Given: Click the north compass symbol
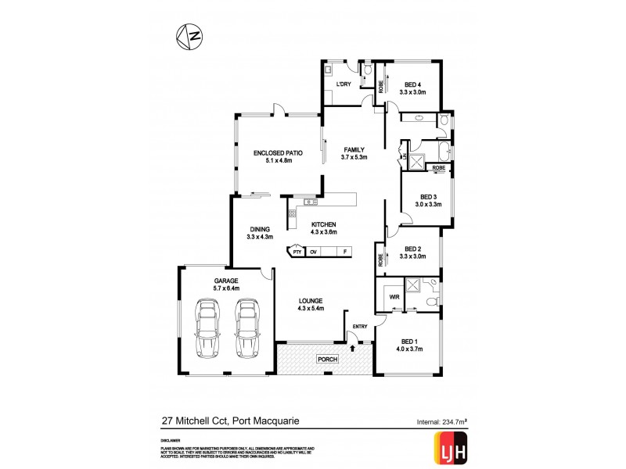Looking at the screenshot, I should click(x=189, y=36).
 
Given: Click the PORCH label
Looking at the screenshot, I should click(x=326, y=359).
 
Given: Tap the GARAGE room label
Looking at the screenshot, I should click(x=226, y=281).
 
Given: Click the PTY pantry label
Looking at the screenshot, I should click(x=297, y=252).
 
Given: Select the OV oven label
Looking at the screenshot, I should click(x=313, y=252).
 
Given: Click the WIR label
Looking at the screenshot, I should click(x=394, y=297).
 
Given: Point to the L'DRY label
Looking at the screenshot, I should click(x=344, y=84).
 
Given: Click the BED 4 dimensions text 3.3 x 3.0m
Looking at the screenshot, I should click(x=412, y=92).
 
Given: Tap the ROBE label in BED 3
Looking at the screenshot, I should click(x=438, y=168).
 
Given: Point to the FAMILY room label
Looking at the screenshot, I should click(x=354, y=149).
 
